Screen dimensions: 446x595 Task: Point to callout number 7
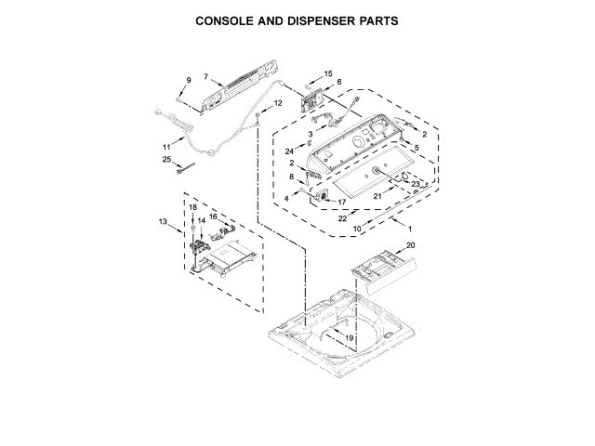coord(205,75)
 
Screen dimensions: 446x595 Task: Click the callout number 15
coord(328,73)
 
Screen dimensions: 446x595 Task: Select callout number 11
coord(166,147)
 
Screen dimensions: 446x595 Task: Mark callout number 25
coord(167,160)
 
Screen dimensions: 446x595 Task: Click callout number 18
coord(192,207)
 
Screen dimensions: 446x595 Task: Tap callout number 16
coord(213,216)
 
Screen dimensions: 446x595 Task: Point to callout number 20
coord(411,245)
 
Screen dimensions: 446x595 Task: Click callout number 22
coord(343,219)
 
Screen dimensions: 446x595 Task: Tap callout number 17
coord(341,202)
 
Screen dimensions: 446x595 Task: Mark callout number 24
coord(290,151)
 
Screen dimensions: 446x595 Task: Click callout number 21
coord(378,196)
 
